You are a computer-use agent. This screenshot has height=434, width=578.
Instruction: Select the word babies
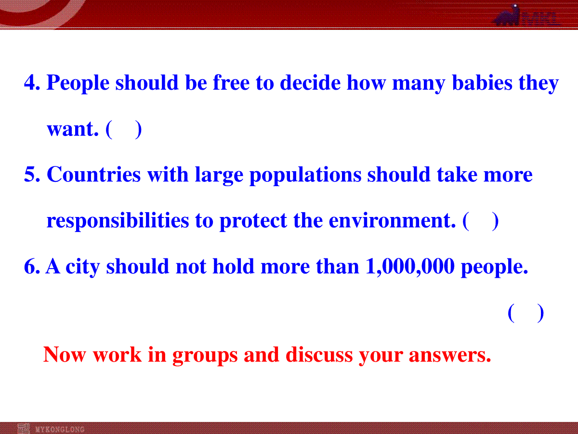pos(482,82)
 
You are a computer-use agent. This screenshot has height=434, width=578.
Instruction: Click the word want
pos(73,129)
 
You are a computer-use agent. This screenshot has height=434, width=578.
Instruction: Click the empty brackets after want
pos(124,129)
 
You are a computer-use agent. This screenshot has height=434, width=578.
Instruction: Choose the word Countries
pos(94,174)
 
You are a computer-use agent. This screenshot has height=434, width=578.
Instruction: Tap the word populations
pos(305,176)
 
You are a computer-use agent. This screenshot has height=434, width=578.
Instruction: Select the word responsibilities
pos(118,221)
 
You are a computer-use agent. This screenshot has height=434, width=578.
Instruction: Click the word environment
pos(393,220)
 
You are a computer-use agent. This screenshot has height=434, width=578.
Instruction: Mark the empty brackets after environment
pos(481,221)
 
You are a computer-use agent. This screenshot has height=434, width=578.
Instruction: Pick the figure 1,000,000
pos(410,267)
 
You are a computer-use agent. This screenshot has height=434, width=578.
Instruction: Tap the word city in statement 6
pos(83,268)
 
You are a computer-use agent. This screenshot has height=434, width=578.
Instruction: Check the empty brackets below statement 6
pos(526,313)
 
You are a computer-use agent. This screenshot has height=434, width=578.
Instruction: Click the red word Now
pos(65,355)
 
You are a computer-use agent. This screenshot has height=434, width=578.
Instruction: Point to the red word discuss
pos(319,355)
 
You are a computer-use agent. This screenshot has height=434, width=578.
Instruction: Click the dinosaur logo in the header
pos(507,15)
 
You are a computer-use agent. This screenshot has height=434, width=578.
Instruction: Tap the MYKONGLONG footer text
pos(60,429)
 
